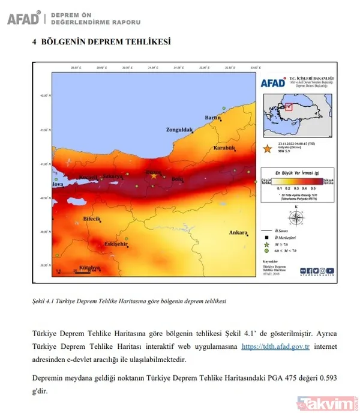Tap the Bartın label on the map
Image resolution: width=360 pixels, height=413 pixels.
click(214, 117)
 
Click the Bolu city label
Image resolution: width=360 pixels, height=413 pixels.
click(178, 179)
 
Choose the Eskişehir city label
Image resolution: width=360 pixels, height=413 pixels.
click(100, 244)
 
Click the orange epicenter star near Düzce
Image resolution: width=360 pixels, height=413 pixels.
click(154, 176)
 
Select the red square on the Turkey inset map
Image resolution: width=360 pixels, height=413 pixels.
click(288, 106)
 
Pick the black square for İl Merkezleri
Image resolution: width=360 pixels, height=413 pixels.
click(268, 238)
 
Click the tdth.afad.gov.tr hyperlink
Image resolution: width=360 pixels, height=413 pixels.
click(275, 346)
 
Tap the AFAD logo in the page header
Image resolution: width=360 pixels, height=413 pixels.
click(24, 18)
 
